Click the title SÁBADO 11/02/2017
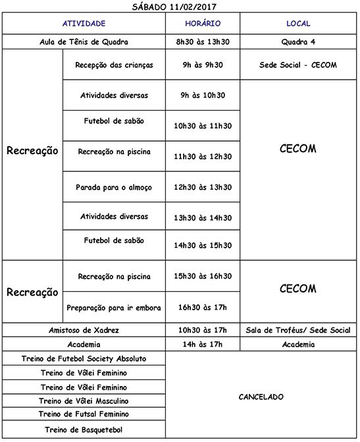180,7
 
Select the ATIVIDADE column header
84,24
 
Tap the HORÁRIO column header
202,24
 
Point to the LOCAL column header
298,24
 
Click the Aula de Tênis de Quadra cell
84,42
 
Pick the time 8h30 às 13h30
203,42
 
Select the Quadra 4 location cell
298,42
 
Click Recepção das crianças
114,66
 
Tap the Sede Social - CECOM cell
298,66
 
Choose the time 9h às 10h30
203,96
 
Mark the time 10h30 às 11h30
203,126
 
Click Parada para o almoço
114,187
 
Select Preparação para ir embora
114,308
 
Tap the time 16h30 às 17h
203,308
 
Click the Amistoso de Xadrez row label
84,329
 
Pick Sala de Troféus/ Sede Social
298,329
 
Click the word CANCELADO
261,397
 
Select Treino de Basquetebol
84,430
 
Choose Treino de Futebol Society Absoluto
84,359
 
